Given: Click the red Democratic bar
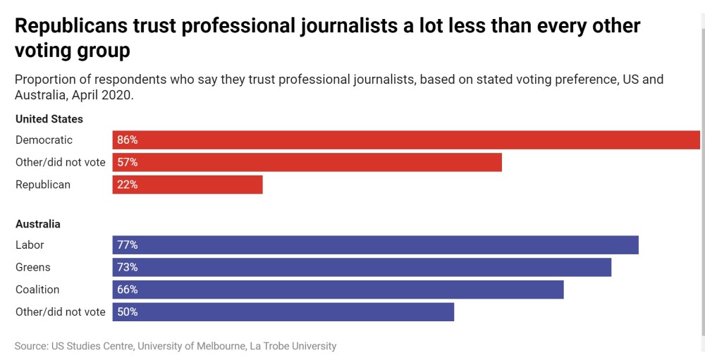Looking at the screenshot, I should coord(406,140).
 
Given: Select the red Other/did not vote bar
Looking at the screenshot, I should coord(307,163).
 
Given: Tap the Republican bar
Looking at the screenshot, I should coord(188,185).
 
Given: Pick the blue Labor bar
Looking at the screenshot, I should coord(375,245).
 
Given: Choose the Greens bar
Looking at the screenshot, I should coord(362,268).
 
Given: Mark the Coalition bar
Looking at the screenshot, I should coord(338,290).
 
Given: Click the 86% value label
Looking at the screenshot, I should coord(128,140).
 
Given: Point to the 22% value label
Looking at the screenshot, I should coord(128,185).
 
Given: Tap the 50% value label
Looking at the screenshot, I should coord(128,312).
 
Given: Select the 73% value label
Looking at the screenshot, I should coord(128,268).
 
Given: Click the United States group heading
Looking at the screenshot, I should coord(49,119).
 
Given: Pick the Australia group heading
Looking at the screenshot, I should coord(38,224).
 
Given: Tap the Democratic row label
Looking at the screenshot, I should coord(44,140).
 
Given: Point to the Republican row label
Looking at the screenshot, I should coord(43,185).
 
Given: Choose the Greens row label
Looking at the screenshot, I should coord(33,268).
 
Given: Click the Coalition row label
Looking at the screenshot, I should coord(37,290).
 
